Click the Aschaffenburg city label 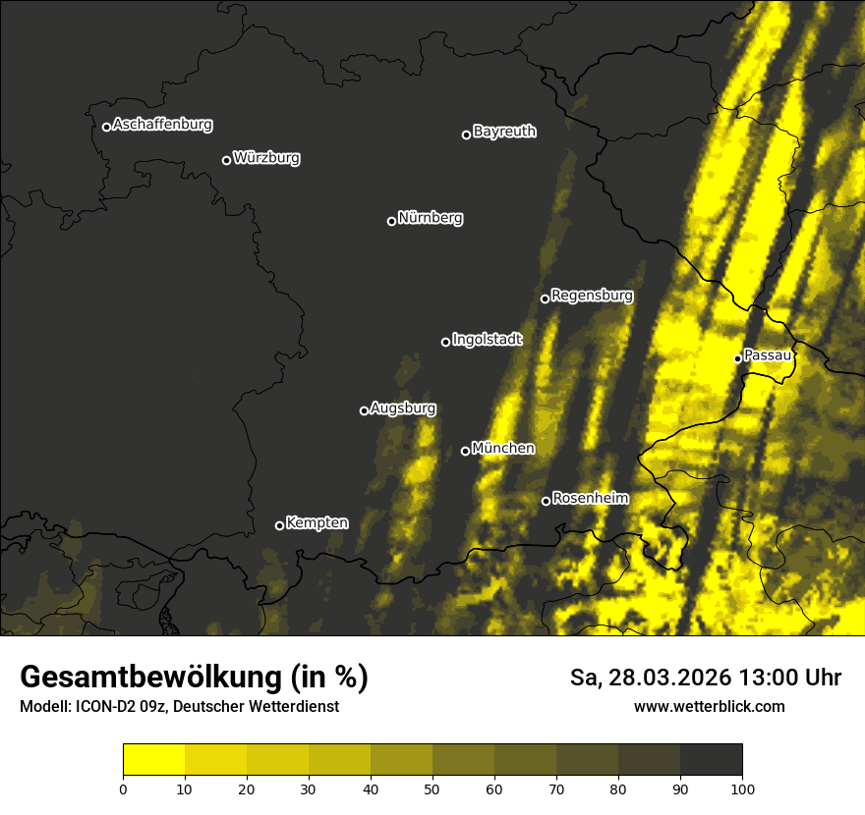pyautogui.click(x=162, y=125)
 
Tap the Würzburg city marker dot pyautogui.click(x=226, y=160)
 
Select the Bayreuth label pyautogui.click(x=504, y=132)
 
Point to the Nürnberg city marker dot pyautogui.click(x=391, y=221)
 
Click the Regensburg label pyautogui.click(x=592, y=296)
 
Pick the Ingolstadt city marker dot pyautogui.click(x=445, y=342)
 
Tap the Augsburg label pyautogui.click(x=403, y=408)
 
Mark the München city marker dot pyautogui.click(x=465, y=452)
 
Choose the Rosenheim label pyautogui.click(x=590, y=499)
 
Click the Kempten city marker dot pyautogui.click(x=279, y=525)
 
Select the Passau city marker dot pyautogui.click(x=737, y=358)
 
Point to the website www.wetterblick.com pyautogui.click(x=709, y=707)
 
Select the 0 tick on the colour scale pyautogui.click(x=123, y=788)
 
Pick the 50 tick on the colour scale pyautogui.click(x=432, y=788)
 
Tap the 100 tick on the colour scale pyautogui.click(x=742, y=788)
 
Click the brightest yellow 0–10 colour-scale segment pyautogui.click(x=153, y=760)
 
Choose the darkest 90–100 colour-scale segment pyautogui.click(x=711, y=760)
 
